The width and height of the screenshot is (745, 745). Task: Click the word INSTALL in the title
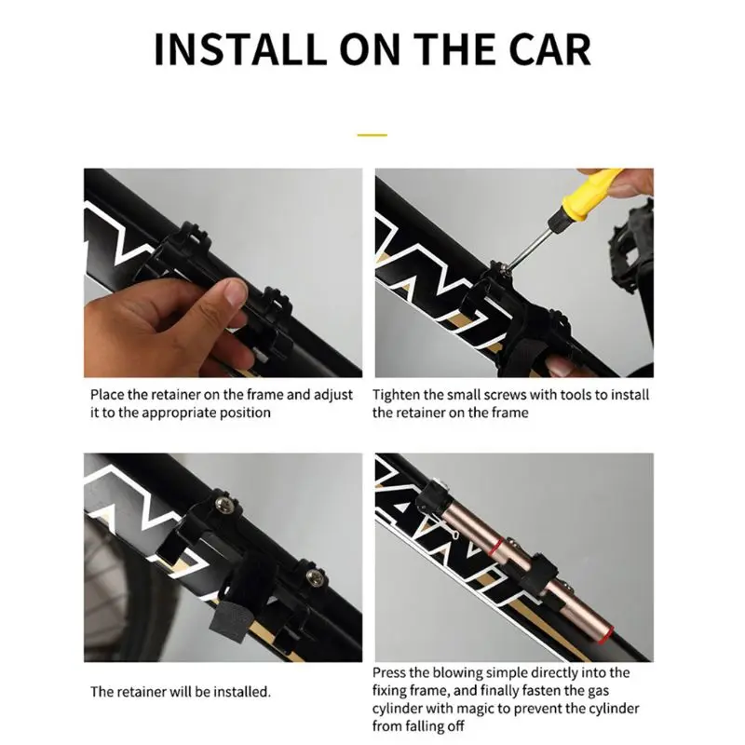(241, 49)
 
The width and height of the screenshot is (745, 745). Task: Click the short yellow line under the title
(372, 135)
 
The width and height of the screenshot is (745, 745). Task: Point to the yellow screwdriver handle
(589, 191)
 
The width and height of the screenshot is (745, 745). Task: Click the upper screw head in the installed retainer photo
(223, 505)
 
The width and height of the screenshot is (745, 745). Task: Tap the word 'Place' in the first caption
(107, 395)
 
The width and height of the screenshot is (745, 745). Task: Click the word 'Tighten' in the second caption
(393, 395)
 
